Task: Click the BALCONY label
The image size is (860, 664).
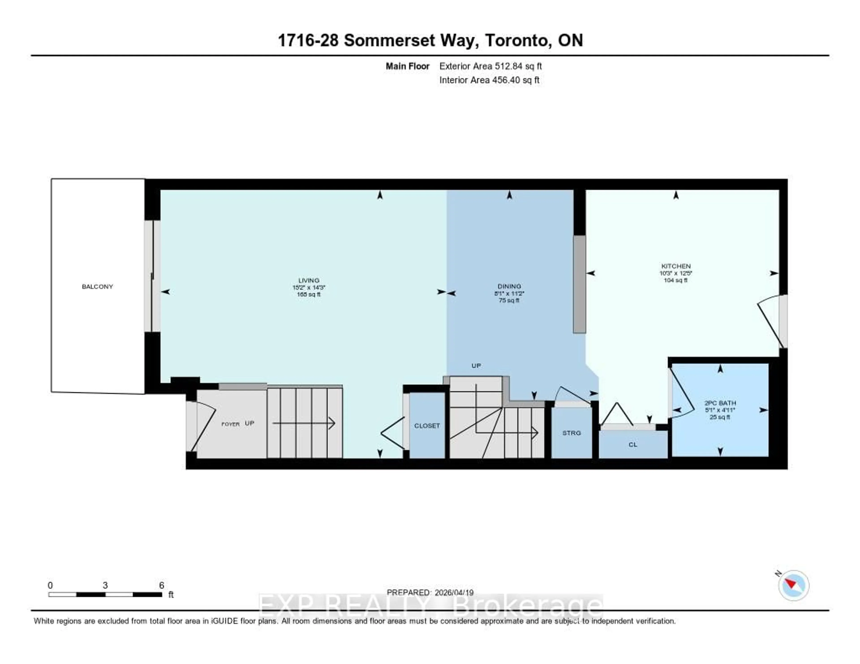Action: (x=97, y=287)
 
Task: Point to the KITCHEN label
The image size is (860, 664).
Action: (x=676, y=266)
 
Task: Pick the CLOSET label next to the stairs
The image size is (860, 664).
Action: (x=427, y=426)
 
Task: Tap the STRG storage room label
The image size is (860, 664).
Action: (x=571, y=433)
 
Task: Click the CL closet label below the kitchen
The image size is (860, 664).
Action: (x=633, y=445)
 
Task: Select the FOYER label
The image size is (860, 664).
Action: (x=230, y=424)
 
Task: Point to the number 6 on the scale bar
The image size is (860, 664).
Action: (x=161, y=585)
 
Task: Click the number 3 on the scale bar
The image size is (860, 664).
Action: (x=105, y=585)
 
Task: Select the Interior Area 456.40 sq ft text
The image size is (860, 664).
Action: (x=489, y=80)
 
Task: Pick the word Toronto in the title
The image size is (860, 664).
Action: (x=517, y=41)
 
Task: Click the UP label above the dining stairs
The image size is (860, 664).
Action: (x=476, y=366)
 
